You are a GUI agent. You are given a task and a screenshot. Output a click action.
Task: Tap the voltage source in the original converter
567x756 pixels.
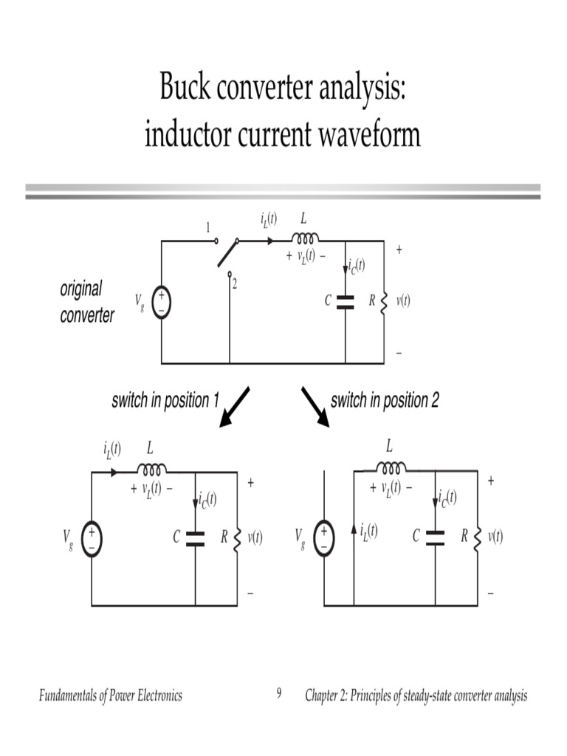point(161,303)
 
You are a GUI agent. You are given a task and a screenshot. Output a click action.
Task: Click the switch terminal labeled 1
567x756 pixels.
point(216,241)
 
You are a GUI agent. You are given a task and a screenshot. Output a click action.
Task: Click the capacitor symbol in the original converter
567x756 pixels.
point(345,301)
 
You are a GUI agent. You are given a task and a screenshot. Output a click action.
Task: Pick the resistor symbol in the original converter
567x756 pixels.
point(384,302)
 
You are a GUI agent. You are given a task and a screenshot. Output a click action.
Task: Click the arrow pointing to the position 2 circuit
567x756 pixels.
point(315,407)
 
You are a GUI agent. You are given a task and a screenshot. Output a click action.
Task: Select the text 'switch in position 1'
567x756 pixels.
point(165,401)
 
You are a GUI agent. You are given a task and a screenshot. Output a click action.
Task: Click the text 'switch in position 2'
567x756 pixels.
point(385,401)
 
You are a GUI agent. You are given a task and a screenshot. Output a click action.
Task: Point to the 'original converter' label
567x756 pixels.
point(87,302)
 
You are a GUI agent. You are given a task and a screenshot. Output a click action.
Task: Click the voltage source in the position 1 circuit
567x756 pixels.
point(92,538)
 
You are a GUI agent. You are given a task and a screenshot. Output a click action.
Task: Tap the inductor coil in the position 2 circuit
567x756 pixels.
point(391,467)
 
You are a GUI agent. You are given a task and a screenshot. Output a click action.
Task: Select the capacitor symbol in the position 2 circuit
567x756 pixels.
point(435,537)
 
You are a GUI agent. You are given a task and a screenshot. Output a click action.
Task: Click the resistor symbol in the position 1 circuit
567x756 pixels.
point(238,538)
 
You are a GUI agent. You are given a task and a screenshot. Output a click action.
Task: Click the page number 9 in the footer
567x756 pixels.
point(279,693)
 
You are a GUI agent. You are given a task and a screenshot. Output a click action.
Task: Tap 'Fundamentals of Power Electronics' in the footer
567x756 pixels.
point(111,695)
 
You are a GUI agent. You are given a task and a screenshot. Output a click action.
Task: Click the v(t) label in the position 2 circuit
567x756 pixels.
point(494,537)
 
